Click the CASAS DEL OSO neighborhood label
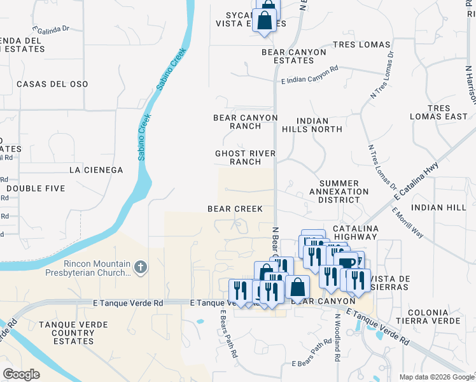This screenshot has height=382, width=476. tap(52, 84)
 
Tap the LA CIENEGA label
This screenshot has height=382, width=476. tap(95, 170)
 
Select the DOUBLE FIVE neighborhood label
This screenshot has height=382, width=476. tap(36, 188)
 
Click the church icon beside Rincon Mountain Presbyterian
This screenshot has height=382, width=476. tap(141, 267)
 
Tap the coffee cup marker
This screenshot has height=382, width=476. tap(347, 263)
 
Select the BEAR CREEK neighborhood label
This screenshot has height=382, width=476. tap(235, 209)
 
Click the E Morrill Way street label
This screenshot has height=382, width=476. tap(408, 223)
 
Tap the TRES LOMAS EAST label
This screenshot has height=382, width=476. tap(447, 113)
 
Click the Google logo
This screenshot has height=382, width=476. tap(21, 374)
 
